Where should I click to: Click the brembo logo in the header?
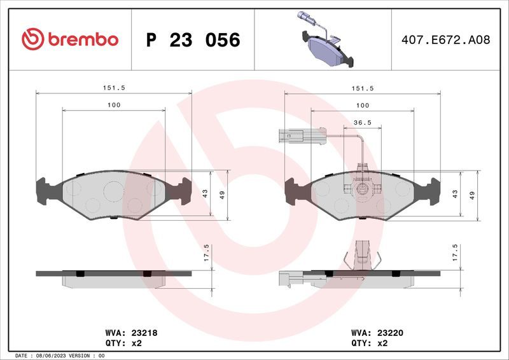click(70, 39)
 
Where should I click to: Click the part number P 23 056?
click(193, 40)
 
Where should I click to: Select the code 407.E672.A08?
click(446, 39)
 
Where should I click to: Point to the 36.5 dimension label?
click(363, 122)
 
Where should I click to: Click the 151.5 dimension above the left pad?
click(114, 88)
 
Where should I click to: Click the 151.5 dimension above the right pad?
click(363, 88)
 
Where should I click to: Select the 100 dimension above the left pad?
click(114, 105)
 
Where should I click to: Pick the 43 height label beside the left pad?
click(205, 194)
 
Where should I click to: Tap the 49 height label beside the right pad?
click(472, 195)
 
